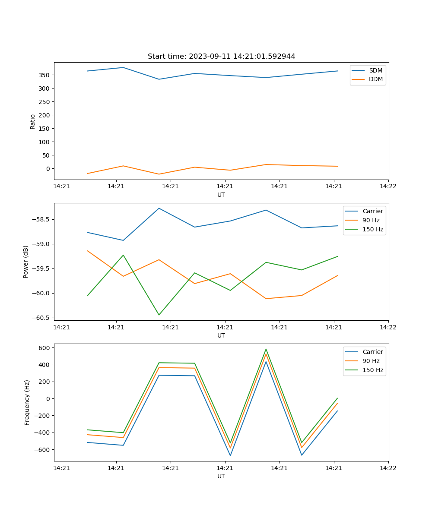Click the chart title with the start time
(221, 57)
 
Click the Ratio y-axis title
(33, 121)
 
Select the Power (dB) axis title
(26, 262)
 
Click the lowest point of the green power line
(159, 315)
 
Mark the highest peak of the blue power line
(159, 208)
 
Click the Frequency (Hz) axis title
(27, 402)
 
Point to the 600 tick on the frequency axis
(45, 348)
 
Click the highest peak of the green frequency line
(266, 349)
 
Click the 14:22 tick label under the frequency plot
(388, 467)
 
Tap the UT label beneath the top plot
(221, 195)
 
